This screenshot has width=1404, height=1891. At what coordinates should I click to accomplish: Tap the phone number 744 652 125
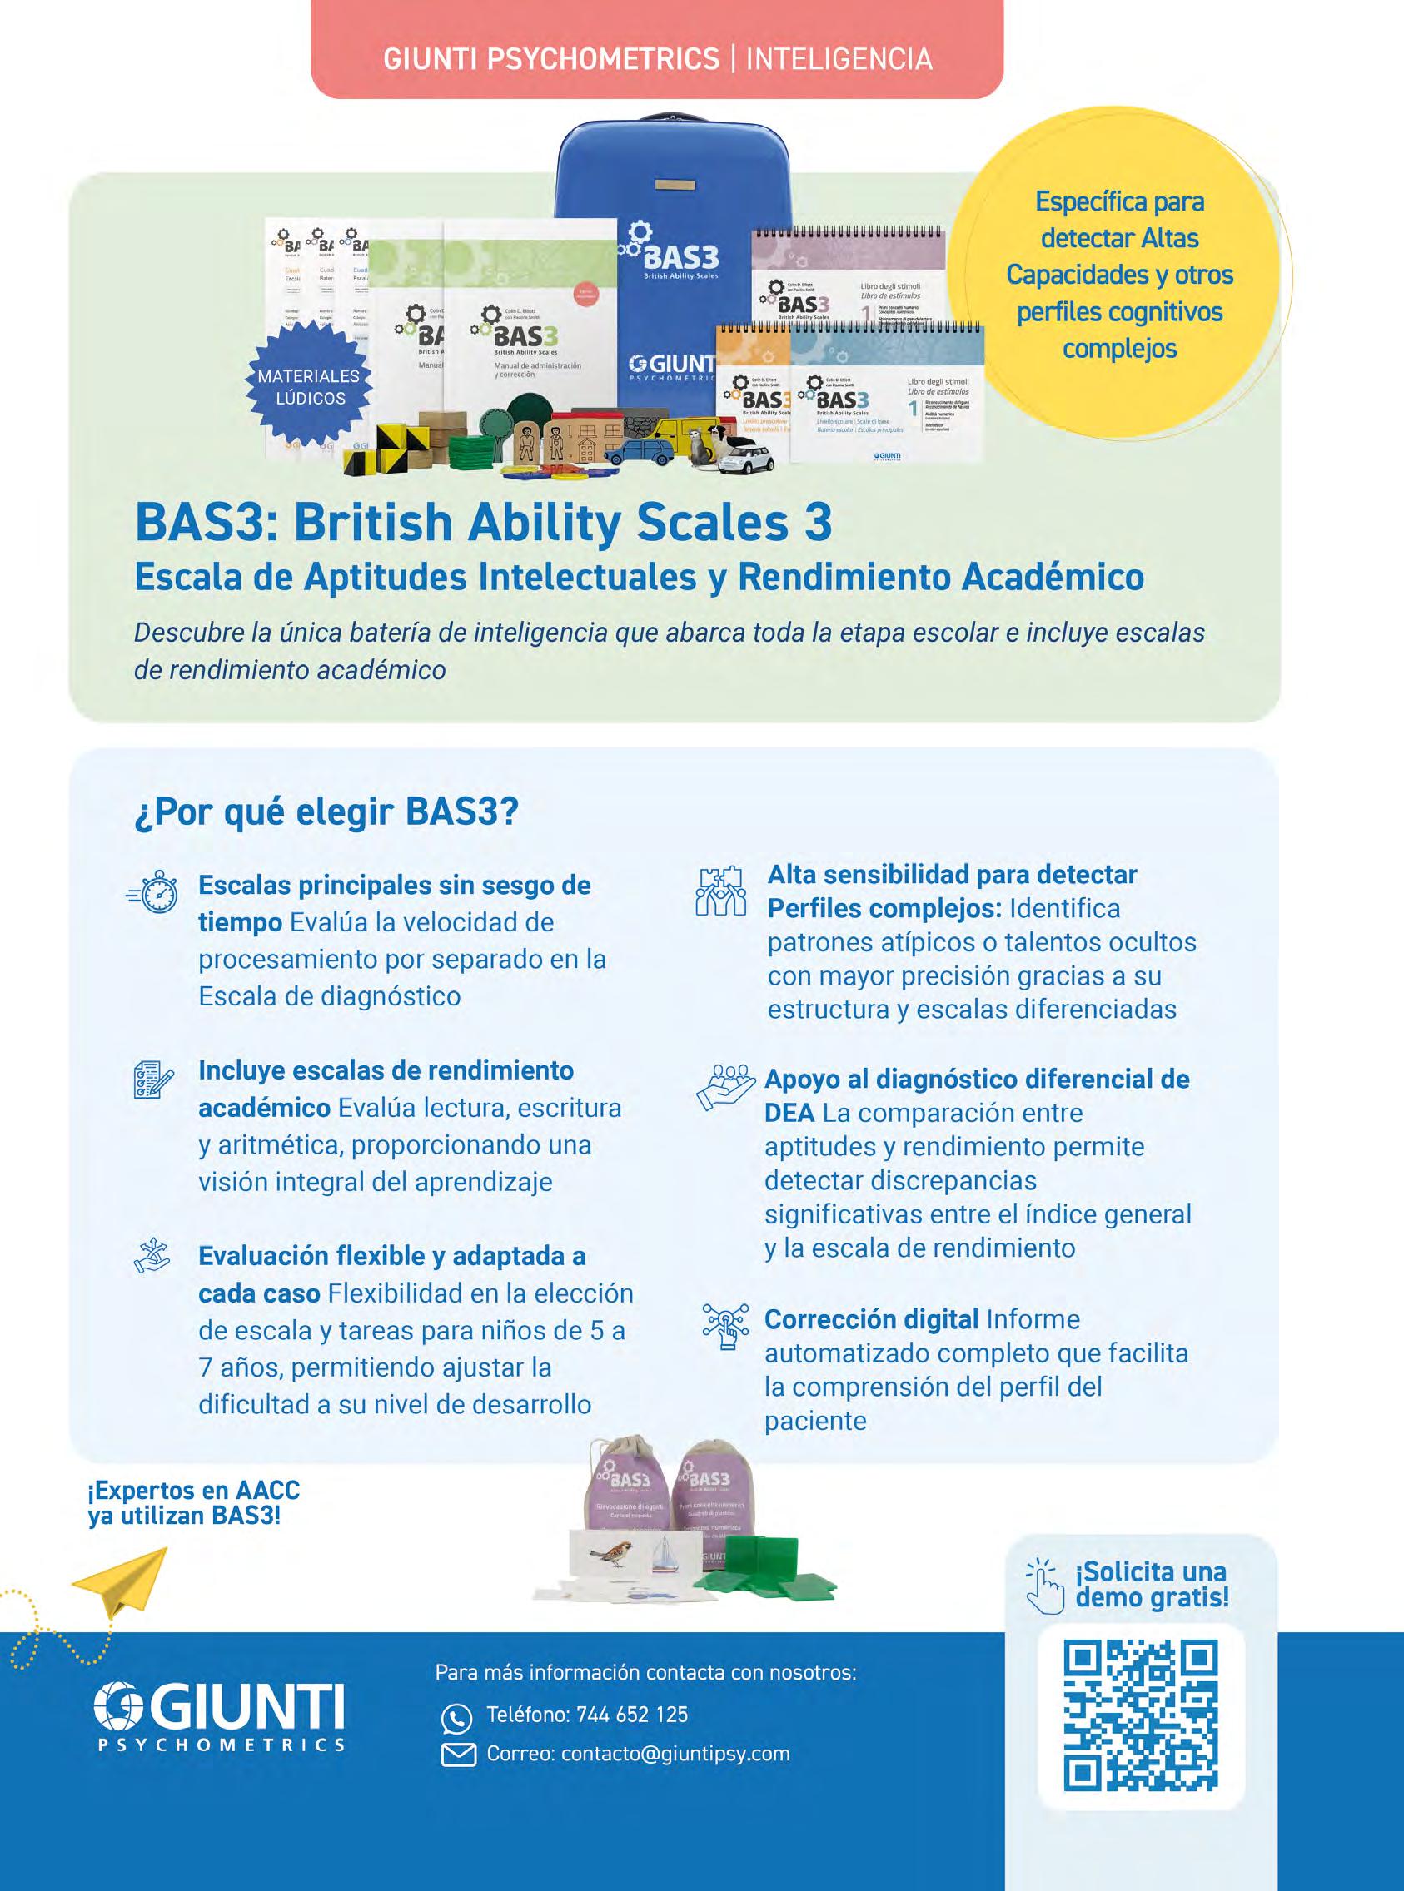pos(631,1715)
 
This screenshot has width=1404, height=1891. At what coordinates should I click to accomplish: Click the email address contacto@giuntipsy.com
pos(675,1754)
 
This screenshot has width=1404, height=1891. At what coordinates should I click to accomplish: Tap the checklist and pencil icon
pos(153,1079)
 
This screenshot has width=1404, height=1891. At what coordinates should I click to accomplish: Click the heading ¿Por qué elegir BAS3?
pos(326,812)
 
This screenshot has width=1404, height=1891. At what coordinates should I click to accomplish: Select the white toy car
pos(745,459)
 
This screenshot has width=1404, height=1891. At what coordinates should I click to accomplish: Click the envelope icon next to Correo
pos(459,1755)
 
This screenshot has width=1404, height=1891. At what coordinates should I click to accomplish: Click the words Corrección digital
pos(871,1319)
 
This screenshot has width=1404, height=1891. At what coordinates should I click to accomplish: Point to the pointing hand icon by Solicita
pos(1044,1585)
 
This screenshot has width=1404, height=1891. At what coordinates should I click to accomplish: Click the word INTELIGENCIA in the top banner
pos(839,58)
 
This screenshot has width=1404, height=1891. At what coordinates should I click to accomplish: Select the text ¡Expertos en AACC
pos(194,1491)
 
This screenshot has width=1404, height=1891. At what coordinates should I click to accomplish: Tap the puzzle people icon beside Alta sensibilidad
pos(720,892)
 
